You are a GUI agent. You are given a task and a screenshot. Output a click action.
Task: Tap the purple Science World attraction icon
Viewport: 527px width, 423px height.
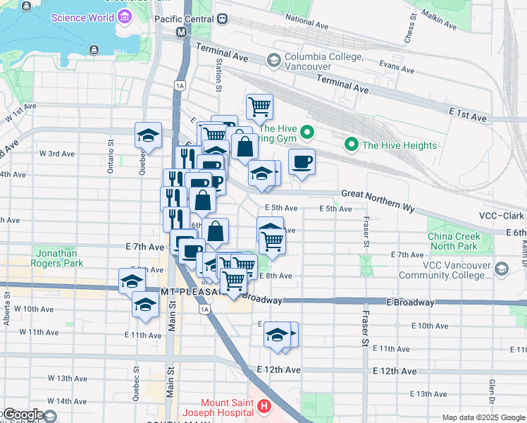(x=125, y=16)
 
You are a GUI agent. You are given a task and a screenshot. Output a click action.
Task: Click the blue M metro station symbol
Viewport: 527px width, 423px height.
(x=182, y=32)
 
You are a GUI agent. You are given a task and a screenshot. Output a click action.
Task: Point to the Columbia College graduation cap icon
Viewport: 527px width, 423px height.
(x=272, y=61)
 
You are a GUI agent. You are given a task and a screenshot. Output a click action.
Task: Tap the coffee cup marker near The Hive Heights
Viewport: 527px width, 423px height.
(x=302, y=163)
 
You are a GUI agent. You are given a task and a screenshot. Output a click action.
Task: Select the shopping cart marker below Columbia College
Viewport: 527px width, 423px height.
(x=259, y=107)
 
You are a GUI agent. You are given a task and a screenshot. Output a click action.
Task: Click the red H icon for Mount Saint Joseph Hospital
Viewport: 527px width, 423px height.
(x=263, y=406)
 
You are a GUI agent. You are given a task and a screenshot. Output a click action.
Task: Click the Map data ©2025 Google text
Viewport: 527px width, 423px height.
(x=483, y=417)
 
